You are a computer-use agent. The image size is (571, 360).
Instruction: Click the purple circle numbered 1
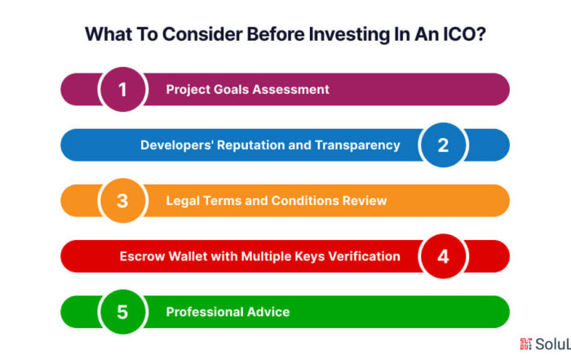(x=122, y=89)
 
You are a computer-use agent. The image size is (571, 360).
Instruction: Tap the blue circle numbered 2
(x=443, y=145)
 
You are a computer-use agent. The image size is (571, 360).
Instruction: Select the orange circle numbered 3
(x=122, y=200)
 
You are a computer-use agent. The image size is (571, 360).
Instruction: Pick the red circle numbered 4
(x=443, y=256)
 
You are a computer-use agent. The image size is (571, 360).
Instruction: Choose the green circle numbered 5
(x=122, y=312)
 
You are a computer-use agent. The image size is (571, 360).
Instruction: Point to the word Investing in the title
(x=349, y=34)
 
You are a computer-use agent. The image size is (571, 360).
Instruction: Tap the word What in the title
(x=108, y=34)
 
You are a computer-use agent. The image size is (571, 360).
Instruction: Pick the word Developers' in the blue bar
(x=177, y=145)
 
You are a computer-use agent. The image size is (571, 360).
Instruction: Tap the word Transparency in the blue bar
(x=357, y=145)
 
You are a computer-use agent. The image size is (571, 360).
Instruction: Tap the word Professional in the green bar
(x=204, y=312)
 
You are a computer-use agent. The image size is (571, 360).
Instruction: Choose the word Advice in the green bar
(x=268, y=312)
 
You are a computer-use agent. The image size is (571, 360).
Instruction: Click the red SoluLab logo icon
(x=526, y=344)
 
